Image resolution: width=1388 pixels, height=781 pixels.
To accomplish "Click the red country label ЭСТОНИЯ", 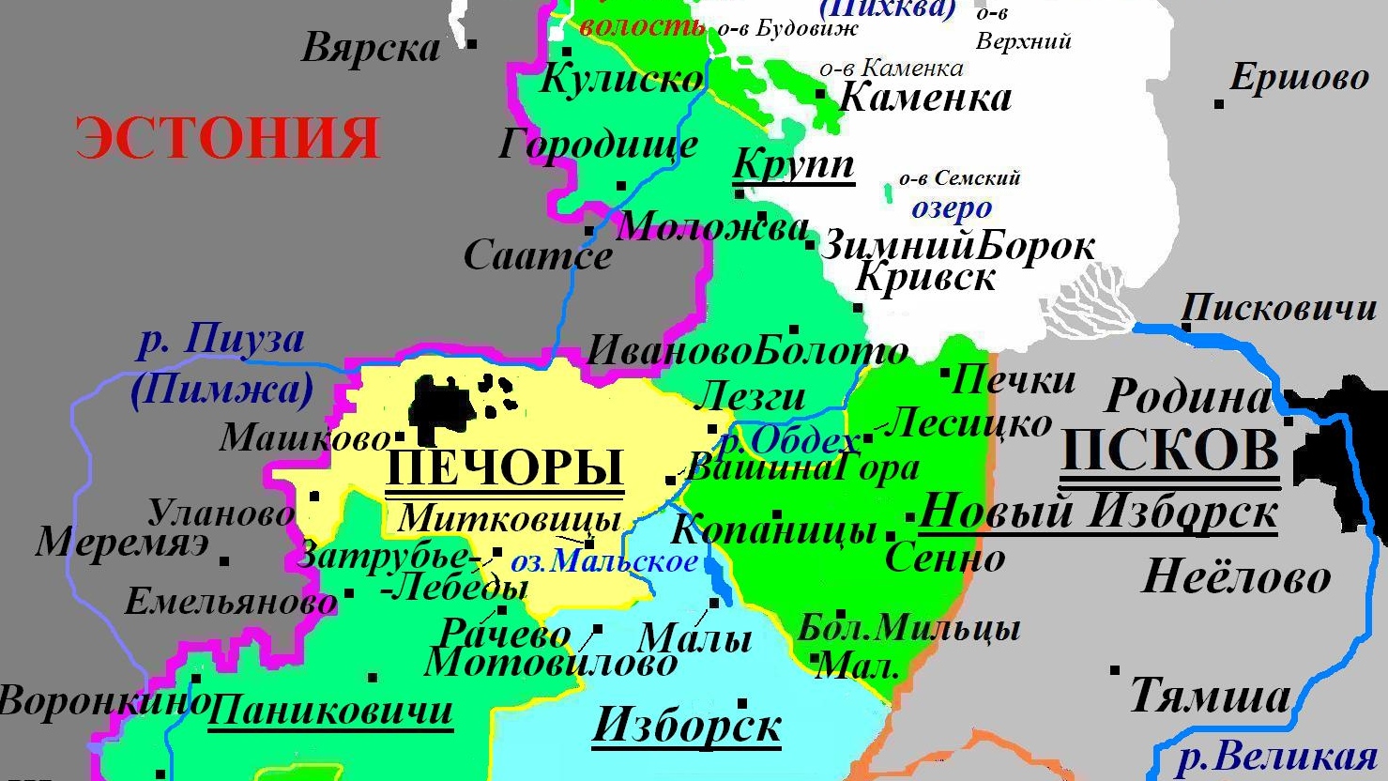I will (228, 138).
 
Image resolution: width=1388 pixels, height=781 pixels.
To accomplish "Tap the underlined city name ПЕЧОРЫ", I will (505, 467).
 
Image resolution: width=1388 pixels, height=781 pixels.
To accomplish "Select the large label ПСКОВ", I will (1170, 451).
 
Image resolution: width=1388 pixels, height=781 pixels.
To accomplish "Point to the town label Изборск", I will (687, 725).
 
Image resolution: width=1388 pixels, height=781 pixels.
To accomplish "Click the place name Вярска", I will (371, 49).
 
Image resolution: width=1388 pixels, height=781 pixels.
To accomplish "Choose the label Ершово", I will (1300, 78).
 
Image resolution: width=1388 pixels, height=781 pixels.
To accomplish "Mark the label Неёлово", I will (1236, 575).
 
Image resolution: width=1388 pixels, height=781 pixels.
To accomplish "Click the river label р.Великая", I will (1276, 757).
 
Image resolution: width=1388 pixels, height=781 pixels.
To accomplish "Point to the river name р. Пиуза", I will (221, 339).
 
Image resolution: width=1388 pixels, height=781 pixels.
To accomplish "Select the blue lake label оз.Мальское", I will (604, 561).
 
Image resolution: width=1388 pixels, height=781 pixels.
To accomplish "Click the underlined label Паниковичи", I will (330, 710).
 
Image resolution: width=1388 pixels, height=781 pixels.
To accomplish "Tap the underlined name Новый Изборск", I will (1098, 513).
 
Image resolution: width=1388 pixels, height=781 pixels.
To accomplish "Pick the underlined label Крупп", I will (793, 164).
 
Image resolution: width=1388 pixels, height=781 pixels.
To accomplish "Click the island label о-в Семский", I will (959, 178).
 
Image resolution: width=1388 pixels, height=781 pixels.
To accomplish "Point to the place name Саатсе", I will (538, 255).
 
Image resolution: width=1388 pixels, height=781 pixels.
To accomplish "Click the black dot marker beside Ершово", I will (1219, 103).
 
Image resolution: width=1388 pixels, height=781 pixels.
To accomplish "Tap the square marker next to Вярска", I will (472, 44).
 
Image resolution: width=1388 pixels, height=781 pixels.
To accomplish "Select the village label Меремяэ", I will (122, 543).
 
